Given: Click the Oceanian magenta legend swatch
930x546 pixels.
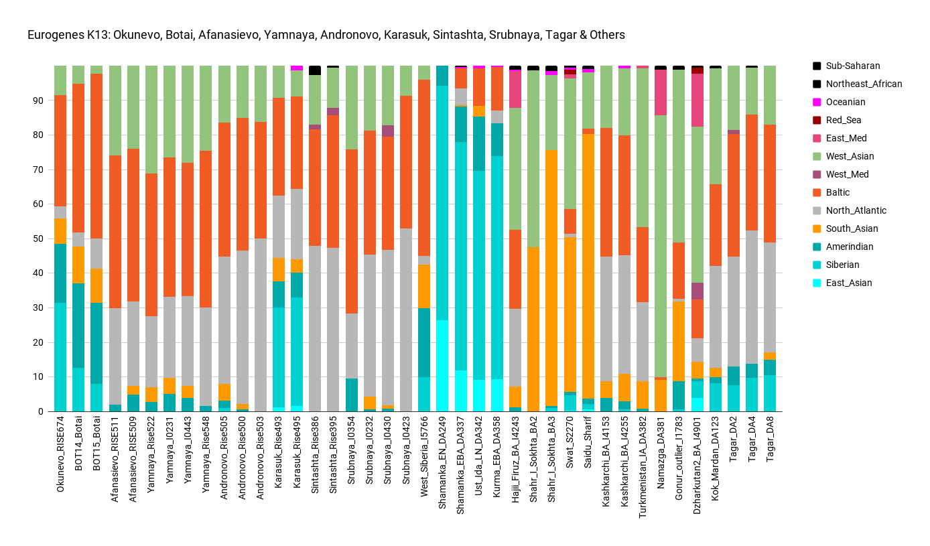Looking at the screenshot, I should tap(817, 102).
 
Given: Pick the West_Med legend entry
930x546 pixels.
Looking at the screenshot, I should tap(847, 174).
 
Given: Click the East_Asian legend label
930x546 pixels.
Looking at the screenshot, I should tap(849, 283).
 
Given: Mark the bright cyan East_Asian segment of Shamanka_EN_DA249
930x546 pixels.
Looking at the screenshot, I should tap(442, 366).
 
